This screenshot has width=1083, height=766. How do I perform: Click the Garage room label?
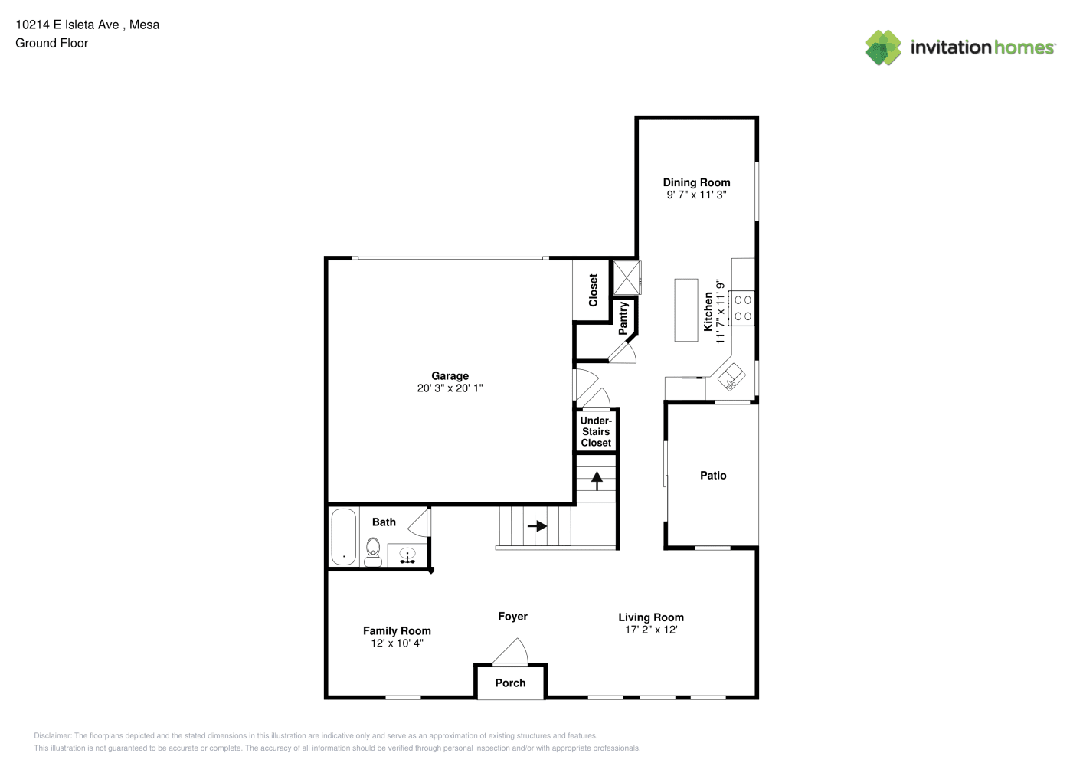[450, 376]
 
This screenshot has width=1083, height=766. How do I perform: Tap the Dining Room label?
[696, 182]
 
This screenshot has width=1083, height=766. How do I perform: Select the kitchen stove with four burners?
[742, 308]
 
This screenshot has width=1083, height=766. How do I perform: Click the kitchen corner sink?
[731, 377]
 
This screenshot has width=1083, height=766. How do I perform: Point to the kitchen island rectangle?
[686, 310]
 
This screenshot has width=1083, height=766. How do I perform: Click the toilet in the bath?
[372, 552]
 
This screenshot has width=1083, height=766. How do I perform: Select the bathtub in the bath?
[344, 537]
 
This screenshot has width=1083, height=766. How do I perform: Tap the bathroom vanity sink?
[407, 555]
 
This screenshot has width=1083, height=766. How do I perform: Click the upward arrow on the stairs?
[597, 481]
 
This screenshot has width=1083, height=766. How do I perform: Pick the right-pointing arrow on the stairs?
[537, 525]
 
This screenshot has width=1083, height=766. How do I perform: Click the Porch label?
[510, 683]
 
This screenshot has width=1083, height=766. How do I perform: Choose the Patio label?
[713, 476]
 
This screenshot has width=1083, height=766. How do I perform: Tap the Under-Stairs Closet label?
[596, 431]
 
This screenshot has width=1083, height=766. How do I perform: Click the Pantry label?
[623, 318]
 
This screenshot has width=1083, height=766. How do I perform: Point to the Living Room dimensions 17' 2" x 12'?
[651, 630]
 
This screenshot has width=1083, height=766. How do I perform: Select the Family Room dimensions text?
[397, 643]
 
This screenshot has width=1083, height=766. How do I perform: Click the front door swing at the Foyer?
[511, 651]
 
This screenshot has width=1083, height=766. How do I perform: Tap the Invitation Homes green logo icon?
[883, 47]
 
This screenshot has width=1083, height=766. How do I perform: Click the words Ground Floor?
[52, 43]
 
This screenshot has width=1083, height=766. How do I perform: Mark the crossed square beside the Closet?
[627, 277]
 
